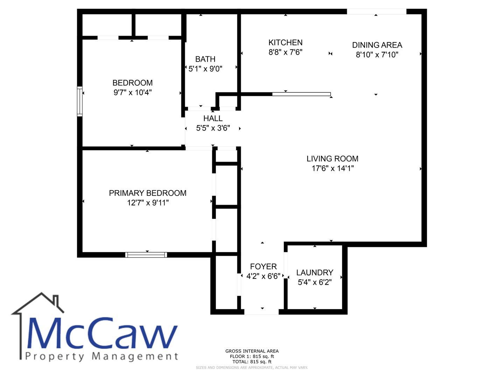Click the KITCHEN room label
(285, 42)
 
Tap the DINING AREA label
(377, 45)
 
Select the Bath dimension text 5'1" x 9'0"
(205, 69)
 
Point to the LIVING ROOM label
(332, 159)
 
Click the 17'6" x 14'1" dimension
(332, 168)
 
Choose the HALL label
(213, 118)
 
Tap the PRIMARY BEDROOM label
(148, 193)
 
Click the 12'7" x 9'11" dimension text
(148, 203)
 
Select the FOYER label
(263, 266)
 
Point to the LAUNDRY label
(315, 272)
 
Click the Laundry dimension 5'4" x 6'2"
(315, 282)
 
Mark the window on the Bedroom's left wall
(80, 101)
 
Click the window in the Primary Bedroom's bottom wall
(146, 255)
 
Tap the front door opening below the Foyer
(261, 311)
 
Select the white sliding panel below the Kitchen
(301, 94)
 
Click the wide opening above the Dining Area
(377, 12)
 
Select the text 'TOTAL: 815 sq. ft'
(252, 362)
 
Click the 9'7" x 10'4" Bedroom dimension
(133, 92)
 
